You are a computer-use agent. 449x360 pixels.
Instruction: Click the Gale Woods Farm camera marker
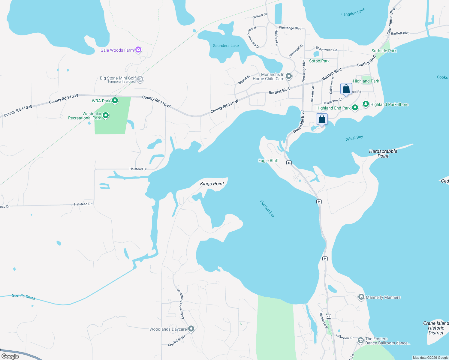tap(138, 50)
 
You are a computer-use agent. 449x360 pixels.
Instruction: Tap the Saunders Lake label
tap(226, 46)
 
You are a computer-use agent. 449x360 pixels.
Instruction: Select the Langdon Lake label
tap(353, 12)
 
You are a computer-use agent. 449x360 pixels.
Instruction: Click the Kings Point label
tap(212, 184)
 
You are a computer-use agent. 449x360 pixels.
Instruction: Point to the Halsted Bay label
tap(267, 208)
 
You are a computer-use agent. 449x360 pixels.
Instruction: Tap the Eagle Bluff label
tap(268, 160)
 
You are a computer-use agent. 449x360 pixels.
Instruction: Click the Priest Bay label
tap(354, 138)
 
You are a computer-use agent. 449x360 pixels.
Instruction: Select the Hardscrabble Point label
tap(383, 154)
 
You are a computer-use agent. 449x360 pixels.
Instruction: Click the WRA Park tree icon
tap(115, 100)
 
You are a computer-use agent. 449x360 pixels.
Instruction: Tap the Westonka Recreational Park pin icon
tap(105, 115)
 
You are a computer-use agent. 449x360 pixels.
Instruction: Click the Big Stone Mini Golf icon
tap(140, 79)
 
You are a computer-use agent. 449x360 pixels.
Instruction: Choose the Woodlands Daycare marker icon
tap(191, 329)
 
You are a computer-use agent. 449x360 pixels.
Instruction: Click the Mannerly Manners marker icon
tap(361, 297)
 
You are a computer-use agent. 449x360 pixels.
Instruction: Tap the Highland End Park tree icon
tap(355, 107)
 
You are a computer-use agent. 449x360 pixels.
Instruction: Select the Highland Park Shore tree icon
tap(366, 104)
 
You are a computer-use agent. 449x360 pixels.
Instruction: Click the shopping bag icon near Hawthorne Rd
tap(346, 89)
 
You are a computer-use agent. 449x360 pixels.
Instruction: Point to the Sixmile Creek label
tap(24, 297)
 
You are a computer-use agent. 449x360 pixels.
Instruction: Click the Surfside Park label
tap(384, 51)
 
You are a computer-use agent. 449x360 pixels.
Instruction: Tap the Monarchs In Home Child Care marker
tap(289, 76)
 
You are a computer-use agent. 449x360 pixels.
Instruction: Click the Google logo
tap(10, 356)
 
